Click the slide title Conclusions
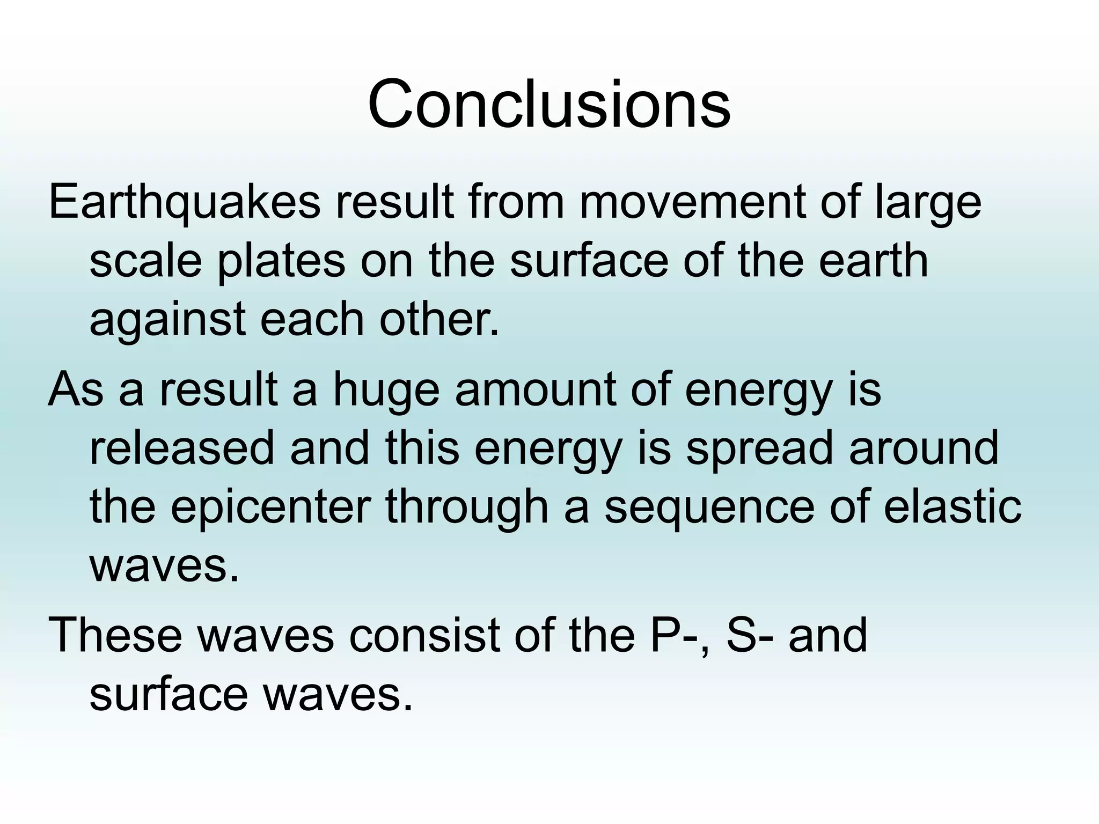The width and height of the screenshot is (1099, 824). click(x=548, y=104)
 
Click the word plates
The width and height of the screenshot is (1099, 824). click(x=281, y=262)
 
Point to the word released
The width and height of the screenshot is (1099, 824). click(x=181, y=448)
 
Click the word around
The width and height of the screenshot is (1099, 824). click(x=924, y=448)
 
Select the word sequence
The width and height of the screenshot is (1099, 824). click(x=709, y=507)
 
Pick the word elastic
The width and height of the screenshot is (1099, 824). click(x=953, y=507)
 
